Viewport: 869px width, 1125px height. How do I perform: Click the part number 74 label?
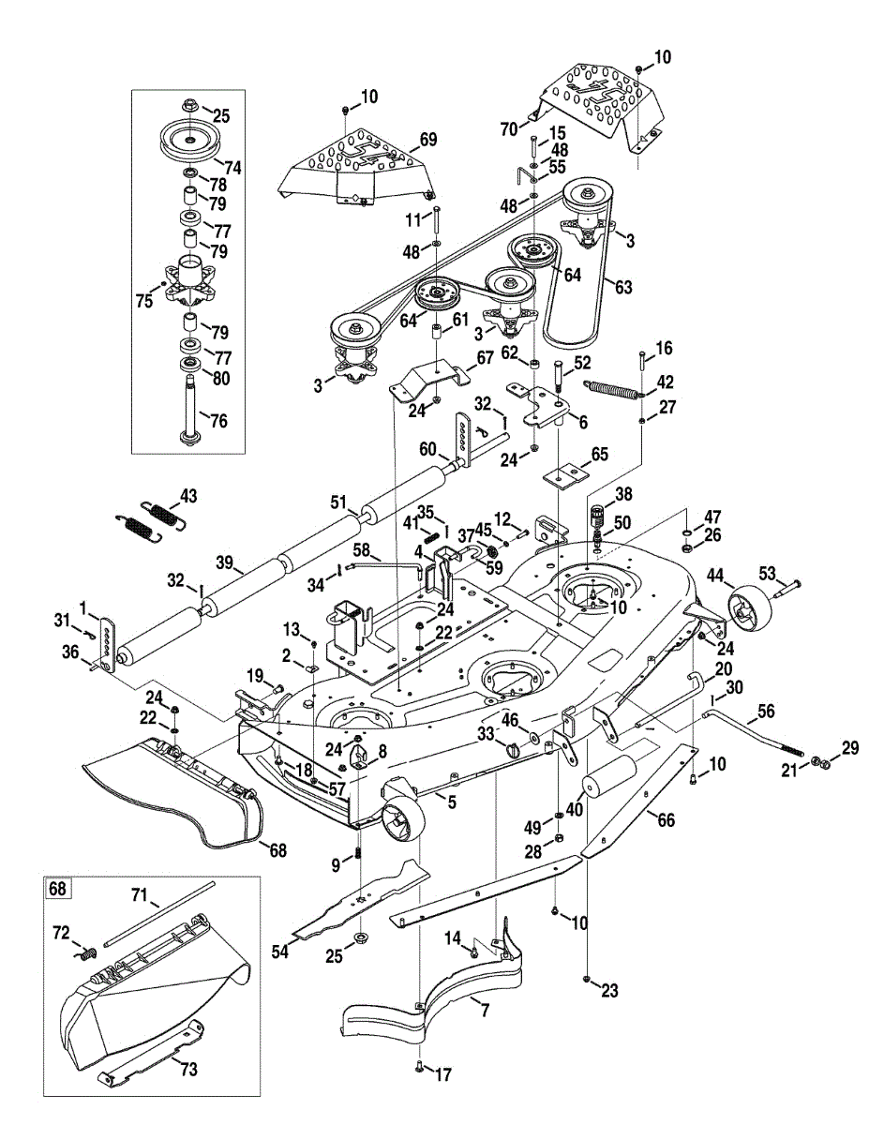click(232, 167)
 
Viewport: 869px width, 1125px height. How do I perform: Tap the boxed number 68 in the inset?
click(57, 889)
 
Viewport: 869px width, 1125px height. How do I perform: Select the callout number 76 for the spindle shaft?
click(219, 420)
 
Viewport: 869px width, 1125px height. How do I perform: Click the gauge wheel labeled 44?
click(750, 606)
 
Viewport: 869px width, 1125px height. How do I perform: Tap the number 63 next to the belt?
click(623, 286)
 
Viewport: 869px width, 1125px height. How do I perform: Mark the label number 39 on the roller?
click(225, 562)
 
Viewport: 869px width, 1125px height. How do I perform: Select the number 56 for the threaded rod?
click(766, 711)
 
